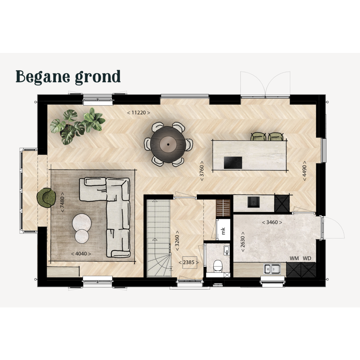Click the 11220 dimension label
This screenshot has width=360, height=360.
(x=139, y=113)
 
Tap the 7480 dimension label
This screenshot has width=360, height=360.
(x=62, y=202)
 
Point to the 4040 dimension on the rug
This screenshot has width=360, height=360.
(x=81, y=254)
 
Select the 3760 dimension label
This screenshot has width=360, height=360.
(x=202, y=171)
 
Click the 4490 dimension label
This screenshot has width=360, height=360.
(x=305, y=171)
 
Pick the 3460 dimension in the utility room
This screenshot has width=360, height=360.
(x=272, y=222)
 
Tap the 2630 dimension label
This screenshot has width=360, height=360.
(x=243, y=242)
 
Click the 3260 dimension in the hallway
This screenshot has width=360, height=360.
(x=177, y=241)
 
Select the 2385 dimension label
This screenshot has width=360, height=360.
(x=189, y=262)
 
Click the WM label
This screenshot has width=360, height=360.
(x=294, y=258)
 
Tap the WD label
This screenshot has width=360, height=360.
(x=307, y=258)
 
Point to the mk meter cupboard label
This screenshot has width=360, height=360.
(x=223, y=230)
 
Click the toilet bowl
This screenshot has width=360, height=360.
(x=217, y=266)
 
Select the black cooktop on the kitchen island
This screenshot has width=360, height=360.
(x=233, y=163)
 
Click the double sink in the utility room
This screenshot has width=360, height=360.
(x=272, y=269)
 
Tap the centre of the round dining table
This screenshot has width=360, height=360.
(x=168, y=144)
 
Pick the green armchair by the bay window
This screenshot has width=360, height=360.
(x=46, y=198)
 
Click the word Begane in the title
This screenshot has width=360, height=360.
(x=43, y=77)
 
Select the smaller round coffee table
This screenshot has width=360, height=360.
(x=82, y=236)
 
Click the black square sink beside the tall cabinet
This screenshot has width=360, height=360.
(x=253, y=202)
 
